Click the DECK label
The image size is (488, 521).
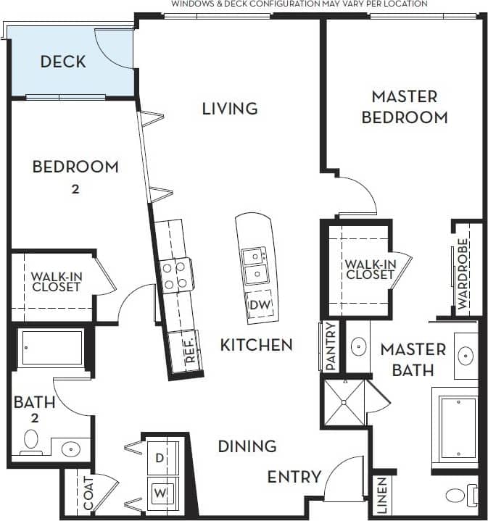63,62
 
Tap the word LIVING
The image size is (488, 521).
230,109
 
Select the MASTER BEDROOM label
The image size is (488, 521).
404,107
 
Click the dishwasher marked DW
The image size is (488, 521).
259,305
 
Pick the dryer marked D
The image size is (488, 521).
160,459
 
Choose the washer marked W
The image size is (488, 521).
160,493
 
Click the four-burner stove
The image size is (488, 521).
175,275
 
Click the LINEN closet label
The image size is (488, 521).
382,496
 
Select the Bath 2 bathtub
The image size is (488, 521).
51,349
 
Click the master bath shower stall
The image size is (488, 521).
345,405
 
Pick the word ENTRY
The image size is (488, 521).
294,477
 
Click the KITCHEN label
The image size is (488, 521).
257,345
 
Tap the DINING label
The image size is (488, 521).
247,446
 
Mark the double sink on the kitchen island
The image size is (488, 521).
253,265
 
